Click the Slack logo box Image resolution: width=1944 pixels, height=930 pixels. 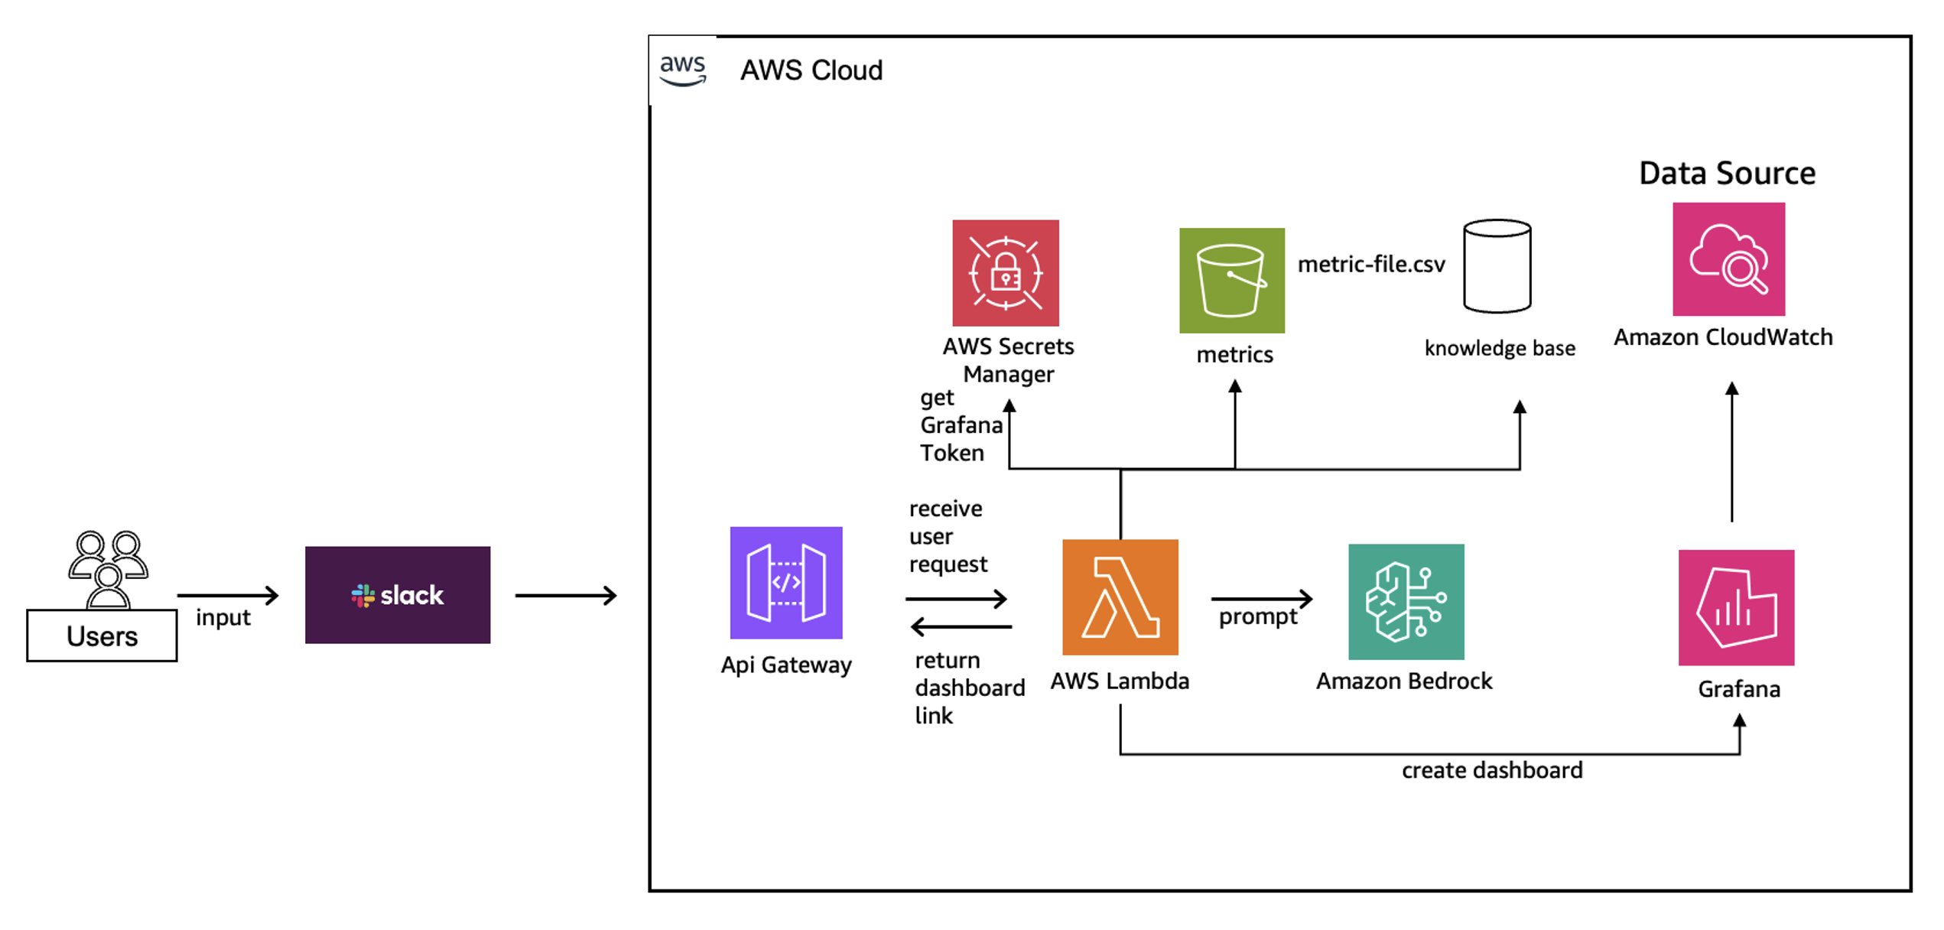(398, 595)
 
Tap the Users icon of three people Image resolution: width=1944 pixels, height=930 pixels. (108, 569)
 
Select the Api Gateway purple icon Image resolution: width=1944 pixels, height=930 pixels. (786, 583)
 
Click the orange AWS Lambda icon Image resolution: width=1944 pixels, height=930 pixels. (1120, 597)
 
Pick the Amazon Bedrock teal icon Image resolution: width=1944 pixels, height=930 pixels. (1406, 602)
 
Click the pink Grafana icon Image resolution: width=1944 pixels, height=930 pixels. (1737, 608)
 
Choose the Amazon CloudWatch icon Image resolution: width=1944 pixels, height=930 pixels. (1729, 259)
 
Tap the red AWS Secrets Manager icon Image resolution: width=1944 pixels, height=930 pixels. (1006, 273)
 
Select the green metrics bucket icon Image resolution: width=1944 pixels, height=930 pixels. (1232, 281)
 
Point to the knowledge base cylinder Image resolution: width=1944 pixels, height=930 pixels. (1497, 266)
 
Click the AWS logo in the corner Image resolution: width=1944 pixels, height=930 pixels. (683, 70)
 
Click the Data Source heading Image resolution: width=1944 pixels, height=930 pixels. (1728, 174)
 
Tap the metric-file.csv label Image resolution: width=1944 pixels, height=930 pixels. (1372, 264)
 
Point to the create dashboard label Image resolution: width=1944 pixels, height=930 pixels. (1492, 770)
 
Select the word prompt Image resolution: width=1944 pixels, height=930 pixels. (1258, 617)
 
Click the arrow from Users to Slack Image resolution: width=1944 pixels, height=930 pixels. (228, 595)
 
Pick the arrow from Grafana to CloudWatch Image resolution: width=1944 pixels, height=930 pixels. (1732, 452)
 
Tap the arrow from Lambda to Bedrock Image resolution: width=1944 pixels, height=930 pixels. (1262, 598)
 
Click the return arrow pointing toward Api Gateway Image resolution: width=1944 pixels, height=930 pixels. (961, 627)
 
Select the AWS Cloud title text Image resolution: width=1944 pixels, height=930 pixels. (811, 70)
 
